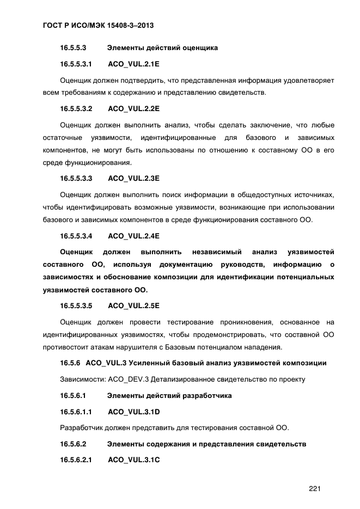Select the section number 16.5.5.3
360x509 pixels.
[77, 48]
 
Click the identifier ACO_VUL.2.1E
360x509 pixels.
[133, 64]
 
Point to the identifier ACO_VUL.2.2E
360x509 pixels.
[133, 108]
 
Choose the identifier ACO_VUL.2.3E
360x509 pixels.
[133, 178]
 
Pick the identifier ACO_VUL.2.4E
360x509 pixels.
[133, 236]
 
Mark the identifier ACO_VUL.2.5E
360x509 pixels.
[133, 305]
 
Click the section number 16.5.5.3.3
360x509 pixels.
[76, 178]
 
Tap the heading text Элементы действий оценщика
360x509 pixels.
[162, 48]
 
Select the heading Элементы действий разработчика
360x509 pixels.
[169, 395]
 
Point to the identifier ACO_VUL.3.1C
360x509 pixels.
[134, 460]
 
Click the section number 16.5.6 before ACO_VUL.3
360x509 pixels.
[70, 363]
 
